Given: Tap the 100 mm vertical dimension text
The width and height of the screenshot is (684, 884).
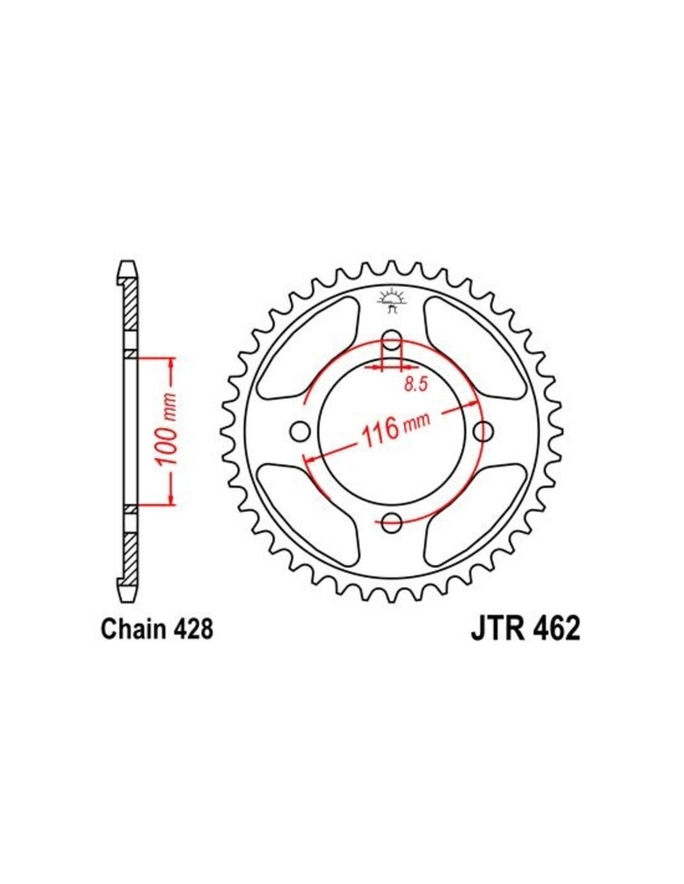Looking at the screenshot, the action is [168, 430].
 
